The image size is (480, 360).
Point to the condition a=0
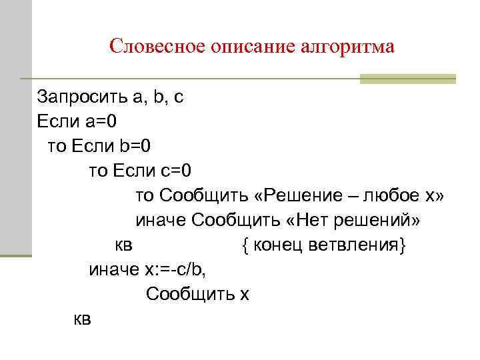(99, 121)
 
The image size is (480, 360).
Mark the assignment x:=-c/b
(181, 269)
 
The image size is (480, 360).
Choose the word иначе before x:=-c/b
(114, 269)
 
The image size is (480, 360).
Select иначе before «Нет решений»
(161, 220)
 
